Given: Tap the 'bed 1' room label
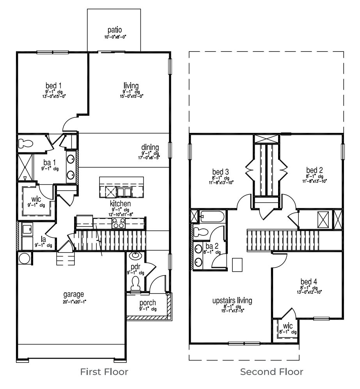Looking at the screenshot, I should point(53,85).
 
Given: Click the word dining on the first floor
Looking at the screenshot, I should point(150,147).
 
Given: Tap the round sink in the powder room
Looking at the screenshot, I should point(136,256).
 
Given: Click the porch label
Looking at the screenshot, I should point(147,303).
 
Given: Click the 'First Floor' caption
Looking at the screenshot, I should point(104,372).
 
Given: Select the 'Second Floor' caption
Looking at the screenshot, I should point(271,372).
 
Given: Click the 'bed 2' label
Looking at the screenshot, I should point(314,170).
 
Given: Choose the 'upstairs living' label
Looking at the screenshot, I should point(232,301).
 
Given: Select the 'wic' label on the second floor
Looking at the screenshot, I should point(288,325).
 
